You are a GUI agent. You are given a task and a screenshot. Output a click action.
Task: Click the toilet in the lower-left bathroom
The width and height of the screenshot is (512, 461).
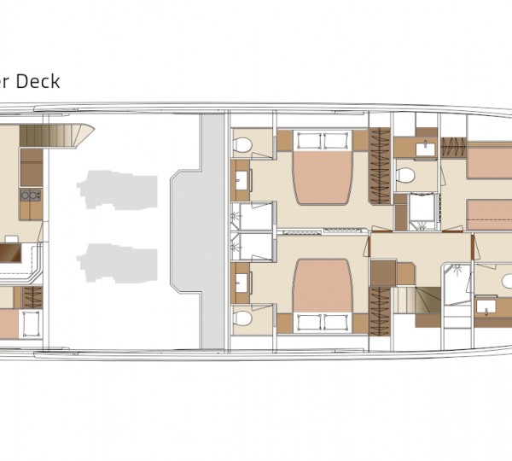243,318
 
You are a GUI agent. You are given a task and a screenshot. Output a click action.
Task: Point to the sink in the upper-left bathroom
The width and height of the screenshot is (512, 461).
242,180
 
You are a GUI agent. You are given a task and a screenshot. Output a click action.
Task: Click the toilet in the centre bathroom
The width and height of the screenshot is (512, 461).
405,176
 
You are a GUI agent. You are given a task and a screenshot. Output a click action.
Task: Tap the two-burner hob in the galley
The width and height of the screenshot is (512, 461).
31,195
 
